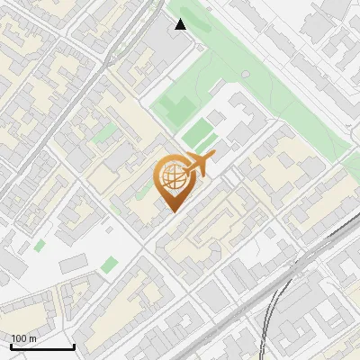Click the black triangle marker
(181, 24)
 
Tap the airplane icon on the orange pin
(199, 165)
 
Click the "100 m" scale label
(23, 338)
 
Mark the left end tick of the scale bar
(10, 346)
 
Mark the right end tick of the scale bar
(74, 346)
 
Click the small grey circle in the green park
(245, 76)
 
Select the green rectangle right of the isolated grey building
(110, 265)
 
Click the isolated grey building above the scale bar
(73, 263)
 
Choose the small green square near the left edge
(40, 245)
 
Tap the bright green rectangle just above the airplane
(198, 136)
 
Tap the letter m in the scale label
(32, 338)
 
